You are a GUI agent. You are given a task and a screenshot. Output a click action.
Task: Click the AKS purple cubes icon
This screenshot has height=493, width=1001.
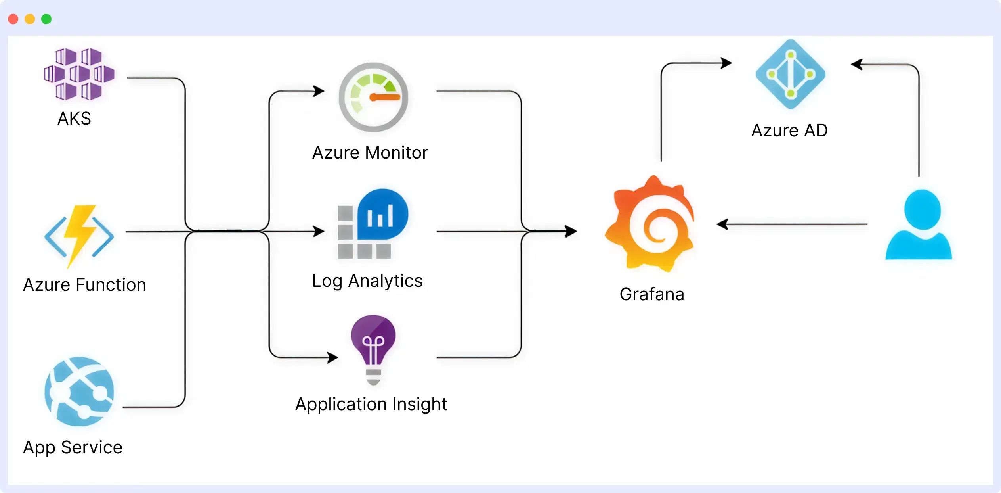point(79,74)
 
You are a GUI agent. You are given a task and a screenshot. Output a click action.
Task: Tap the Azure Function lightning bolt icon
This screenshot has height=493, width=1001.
point(79,236)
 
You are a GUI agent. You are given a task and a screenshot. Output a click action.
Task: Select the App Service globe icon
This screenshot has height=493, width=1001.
point(79,391)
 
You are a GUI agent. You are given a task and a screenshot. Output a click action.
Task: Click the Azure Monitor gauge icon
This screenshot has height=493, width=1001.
point(373,97)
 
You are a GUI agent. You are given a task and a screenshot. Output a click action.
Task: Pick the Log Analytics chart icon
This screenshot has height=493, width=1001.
point(373,224)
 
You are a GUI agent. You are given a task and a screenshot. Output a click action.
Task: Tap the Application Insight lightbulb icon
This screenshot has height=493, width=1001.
point(373,349)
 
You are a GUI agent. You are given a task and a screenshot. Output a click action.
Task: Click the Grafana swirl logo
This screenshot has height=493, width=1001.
point(650,224)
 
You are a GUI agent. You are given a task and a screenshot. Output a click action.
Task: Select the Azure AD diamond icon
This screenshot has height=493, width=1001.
point(790,74)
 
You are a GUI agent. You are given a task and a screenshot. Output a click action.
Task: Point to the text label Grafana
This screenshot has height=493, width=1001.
point(652,294)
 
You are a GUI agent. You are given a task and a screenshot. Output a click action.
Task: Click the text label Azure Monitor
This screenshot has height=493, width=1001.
point(370,153)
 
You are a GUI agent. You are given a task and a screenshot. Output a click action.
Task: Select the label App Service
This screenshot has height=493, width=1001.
point(73,447)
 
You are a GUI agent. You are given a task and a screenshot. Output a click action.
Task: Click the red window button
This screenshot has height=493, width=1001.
point(13,19)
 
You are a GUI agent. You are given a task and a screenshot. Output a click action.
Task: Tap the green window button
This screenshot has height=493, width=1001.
point(46,19)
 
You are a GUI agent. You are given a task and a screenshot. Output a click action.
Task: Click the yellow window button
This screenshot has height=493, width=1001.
point(30,19)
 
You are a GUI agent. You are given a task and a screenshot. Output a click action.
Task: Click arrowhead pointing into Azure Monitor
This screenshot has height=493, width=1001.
point(319,91)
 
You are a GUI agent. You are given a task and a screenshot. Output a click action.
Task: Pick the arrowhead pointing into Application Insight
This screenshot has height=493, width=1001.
point(333,357)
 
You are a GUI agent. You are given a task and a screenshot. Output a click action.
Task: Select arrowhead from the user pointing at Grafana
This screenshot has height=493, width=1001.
point(722,224)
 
